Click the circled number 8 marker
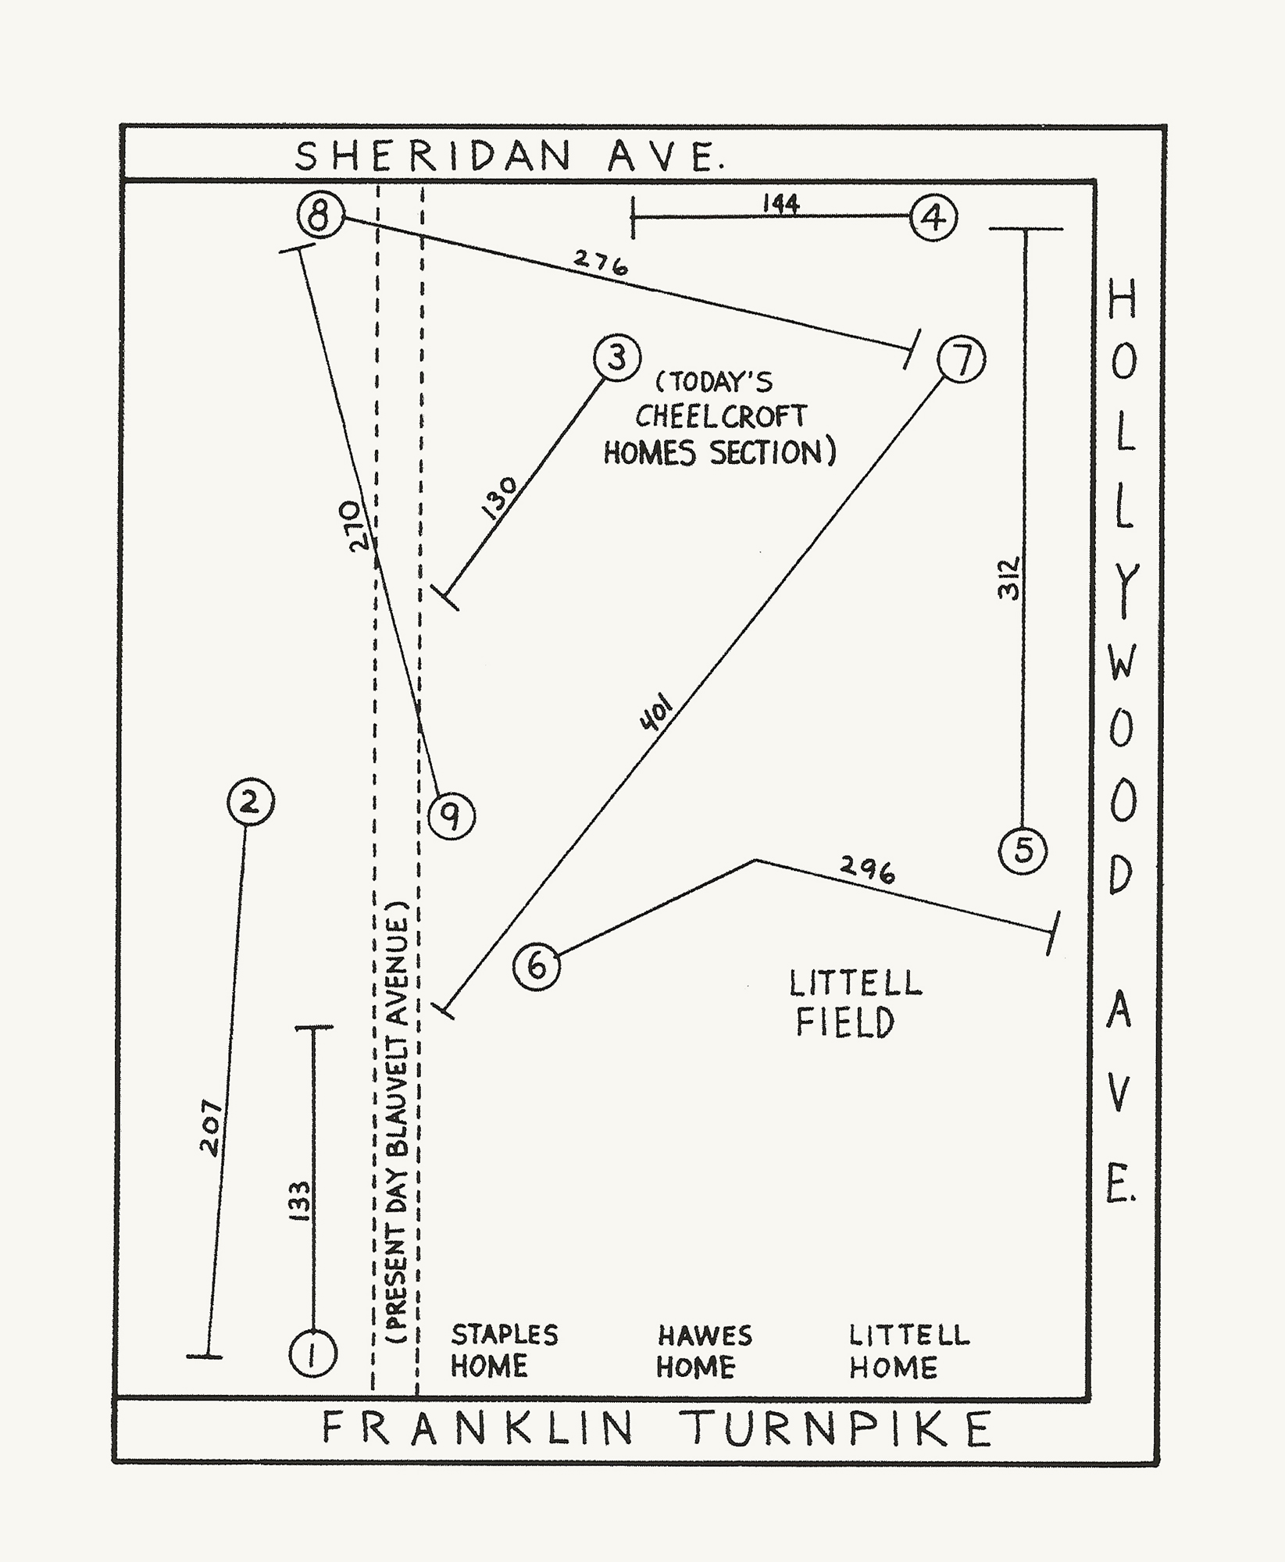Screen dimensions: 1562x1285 click(320, 214)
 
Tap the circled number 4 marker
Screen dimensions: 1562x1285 click(933, 218)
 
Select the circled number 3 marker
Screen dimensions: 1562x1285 click(616, 358)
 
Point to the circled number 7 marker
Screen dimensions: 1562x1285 click(961, 359)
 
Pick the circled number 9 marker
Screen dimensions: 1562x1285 click(451, 817)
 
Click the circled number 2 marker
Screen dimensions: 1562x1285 click(250, 802)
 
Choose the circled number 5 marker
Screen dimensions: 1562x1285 click(1023, 850)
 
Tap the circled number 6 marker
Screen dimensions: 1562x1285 click(537, 967)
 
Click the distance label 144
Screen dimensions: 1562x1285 click(780, 204)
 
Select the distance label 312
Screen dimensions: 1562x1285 click(1009, 578)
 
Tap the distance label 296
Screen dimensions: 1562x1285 click(867, 869)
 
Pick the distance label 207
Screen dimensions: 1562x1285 click(211, 1129)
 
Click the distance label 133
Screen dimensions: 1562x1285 click(300, 1200)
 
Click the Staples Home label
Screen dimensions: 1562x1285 click(504, 1350)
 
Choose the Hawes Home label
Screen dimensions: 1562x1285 click(704, 1351)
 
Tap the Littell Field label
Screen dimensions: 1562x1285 click(854, 1004)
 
